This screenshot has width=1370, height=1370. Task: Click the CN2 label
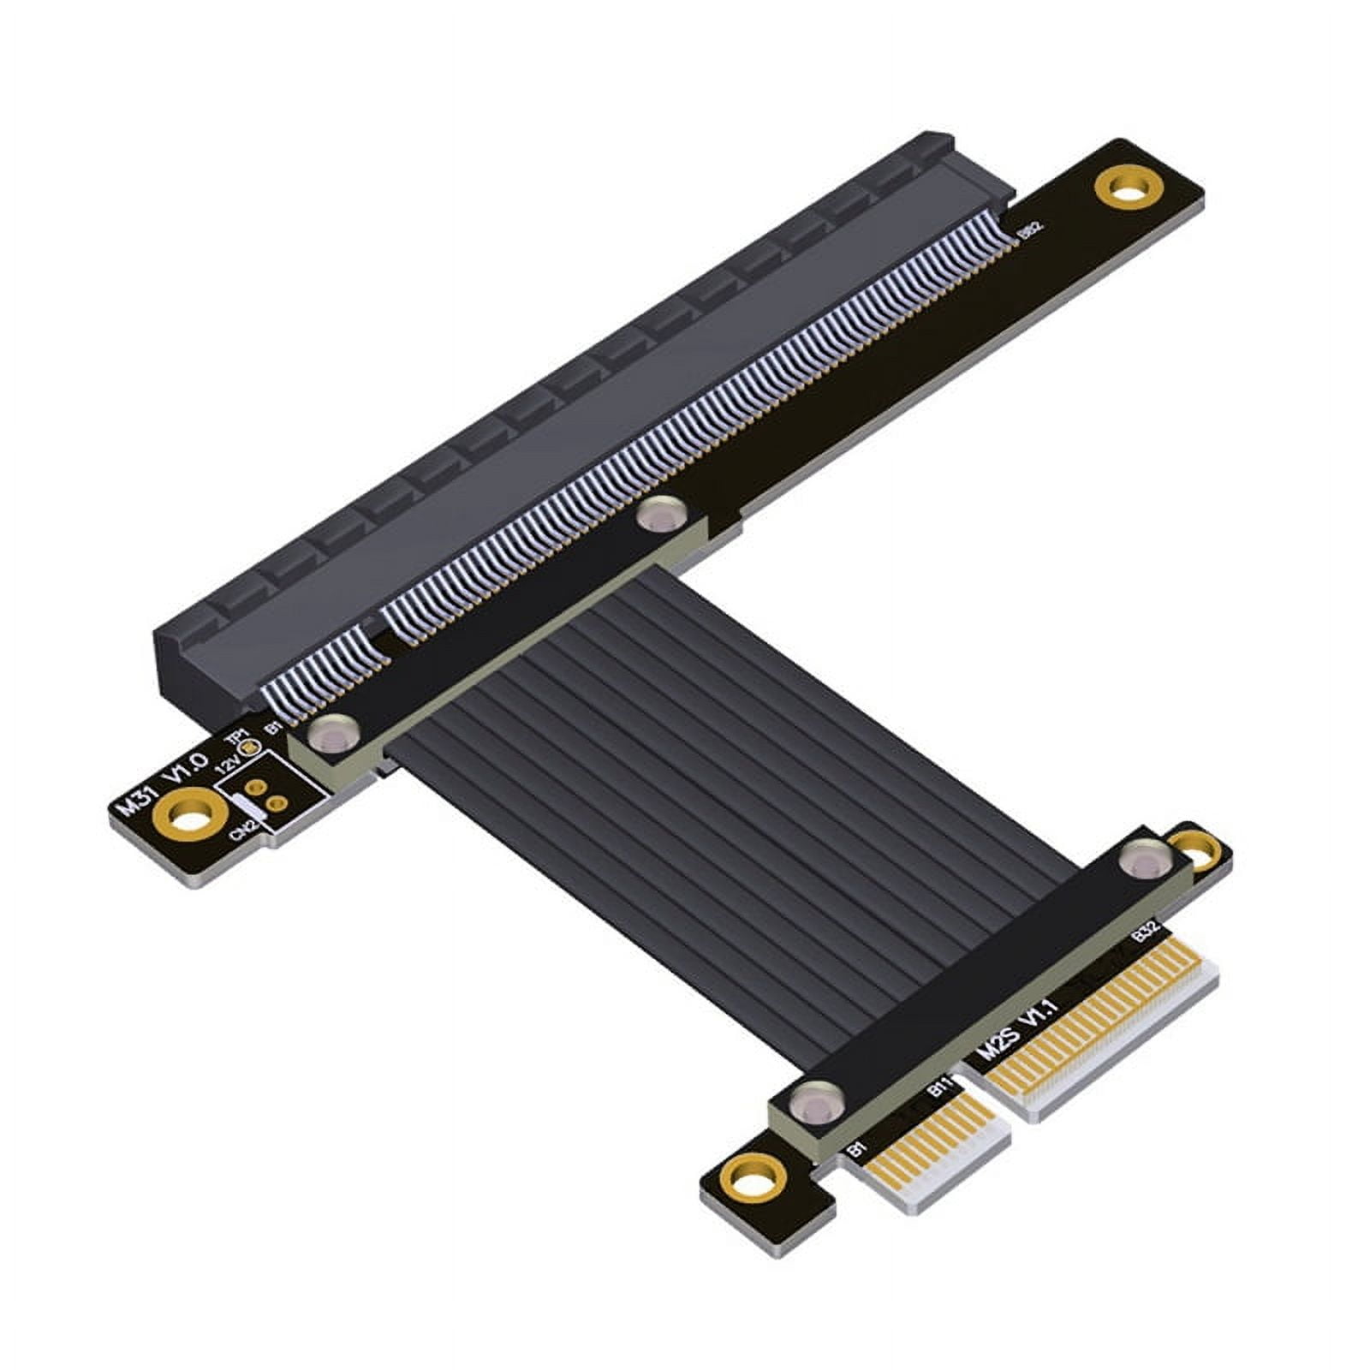click(246, 825)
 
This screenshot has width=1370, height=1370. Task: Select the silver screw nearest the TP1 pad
click(331, 733)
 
